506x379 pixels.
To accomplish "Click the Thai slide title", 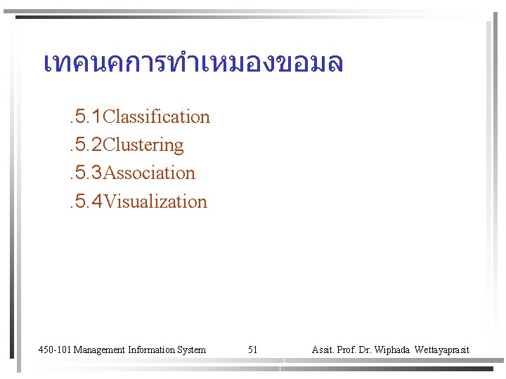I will coord(193,62).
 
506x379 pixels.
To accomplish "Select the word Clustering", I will coord(143,145).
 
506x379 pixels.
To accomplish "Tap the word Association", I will coord(149,173).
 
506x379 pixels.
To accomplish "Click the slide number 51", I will coord(253,350).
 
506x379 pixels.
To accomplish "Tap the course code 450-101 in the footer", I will coord(54,350).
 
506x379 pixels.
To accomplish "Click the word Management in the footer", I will coord(100,350).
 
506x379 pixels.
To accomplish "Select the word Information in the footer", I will coord(152,350).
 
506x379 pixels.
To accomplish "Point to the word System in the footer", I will coord(191,350).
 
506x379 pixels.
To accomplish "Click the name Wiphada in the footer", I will coord(394,350).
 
